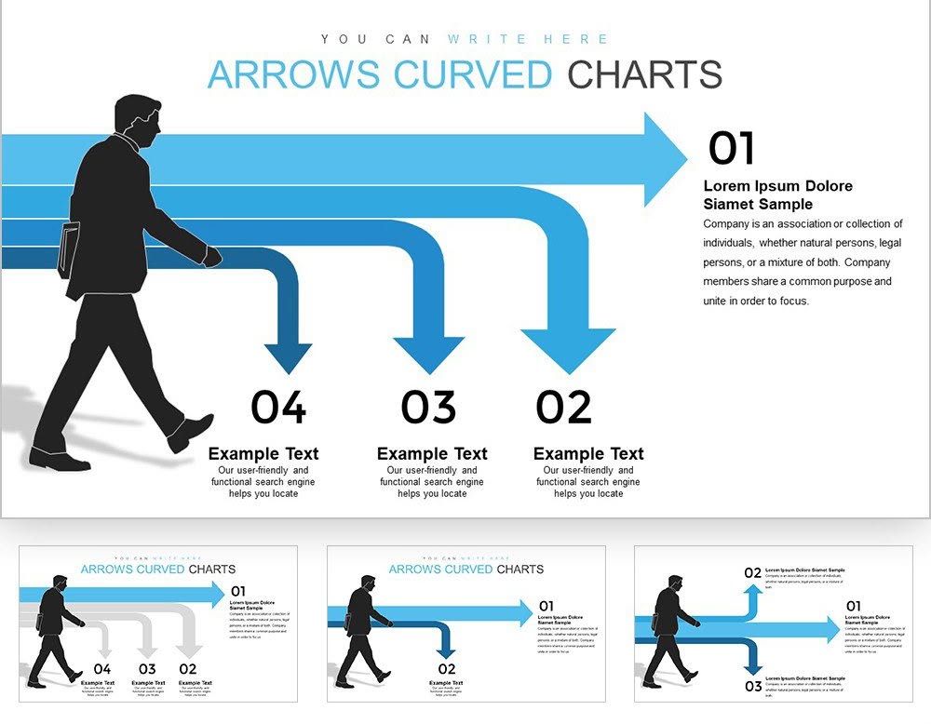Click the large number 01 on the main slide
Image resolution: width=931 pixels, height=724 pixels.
(732, 148)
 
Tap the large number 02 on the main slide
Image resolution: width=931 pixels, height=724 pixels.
(564, 407)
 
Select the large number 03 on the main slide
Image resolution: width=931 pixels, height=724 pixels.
(428, 407)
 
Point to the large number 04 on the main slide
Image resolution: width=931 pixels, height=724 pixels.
(277, 407)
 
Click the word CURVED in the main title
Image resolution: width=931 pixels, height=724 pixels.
(473, 74)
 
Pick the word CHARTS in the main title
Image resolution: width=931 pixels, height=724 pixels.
(645, 74)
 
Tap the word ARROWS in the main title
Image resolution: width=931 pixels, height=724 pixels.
(296, 74)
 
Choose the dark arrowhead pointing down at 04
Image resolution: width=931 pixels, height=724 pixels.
(288, 357)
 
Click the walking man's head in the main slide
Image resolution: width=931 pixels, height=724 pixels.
(139, 118)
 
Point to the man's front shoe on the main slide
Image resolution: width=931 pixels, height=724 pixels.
(190, 430)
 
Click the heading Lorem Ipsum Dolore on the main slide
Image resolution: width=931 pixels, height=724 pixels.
(777, 186)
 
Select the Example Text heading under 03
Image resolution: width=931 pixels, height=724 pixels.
(432, 454)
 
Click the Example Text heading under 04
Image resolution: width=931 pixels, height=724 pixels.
(263, 454)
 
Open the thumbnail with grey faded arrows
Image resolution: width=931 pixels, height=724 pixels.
(158, 623)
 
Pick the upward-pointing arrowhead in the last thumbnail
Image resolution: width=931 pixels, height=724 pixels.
(753, 593)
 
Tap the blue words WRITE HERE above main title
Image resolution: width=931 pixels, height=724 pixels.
(528, 39)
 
